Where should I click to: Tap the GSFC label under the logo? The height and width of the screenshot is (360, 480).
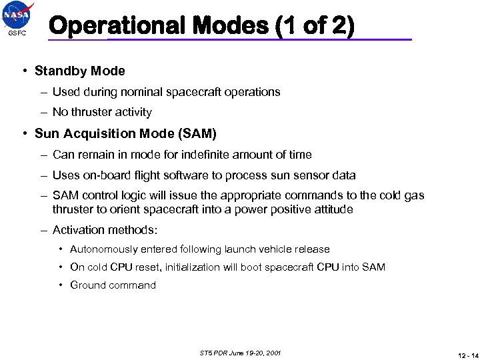click(x=17, y=33)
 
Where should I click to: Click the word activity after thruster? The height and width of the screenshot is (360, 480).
click(x=131, y=112)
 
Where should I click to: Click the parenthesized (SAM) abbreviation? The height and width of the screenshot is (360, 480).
click(x=197, y=133)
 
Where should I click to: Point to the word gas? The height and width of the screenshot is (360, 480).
click(x=415, y=195)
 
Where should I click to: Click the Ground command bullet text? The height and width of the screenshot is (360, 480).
click(x=113, y=285)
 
